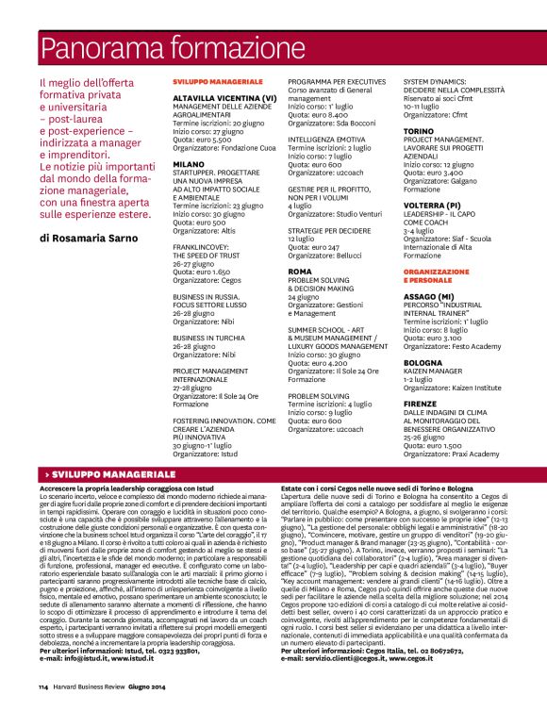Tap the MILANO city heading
tap(189, 164)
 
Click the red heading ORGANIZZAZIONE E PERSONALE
tap(436, 276)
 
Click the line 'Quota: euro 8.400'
tap(317, 113)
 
